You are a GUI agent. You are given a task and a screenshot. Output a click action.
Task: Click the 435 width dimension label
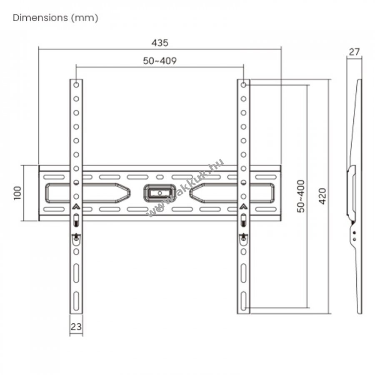click(x=160, y=43)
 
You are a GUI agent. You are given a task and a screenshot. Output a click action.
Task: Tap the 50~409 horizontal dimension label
click(x=160, y=61)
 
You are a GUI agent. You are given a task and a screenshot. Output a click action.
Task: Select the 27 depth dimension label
click(x=354, y=52)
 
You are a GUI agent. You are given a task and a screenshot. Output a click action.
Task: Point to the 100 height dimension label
click(x=17, y=193)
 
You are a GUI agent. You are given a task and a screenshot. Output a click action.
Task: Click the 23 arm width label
click(x=76, y=327)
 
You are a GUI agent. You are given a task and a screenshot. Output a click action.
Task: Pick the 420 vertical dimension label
click(x=322, y=196)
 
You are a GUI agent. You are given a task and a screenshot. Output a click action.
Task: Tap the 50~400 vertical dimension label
click(x=301, y=196)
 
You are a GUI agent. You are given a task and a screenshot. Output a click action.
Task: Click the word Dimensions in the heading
click(x=40, y=17)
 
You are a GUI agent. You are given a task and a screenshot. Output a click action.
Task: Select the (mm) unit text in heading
click(x=85, y=18)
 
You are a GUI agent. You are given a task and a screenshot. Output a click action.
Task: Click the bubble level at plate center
click(x=160, y=193)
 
